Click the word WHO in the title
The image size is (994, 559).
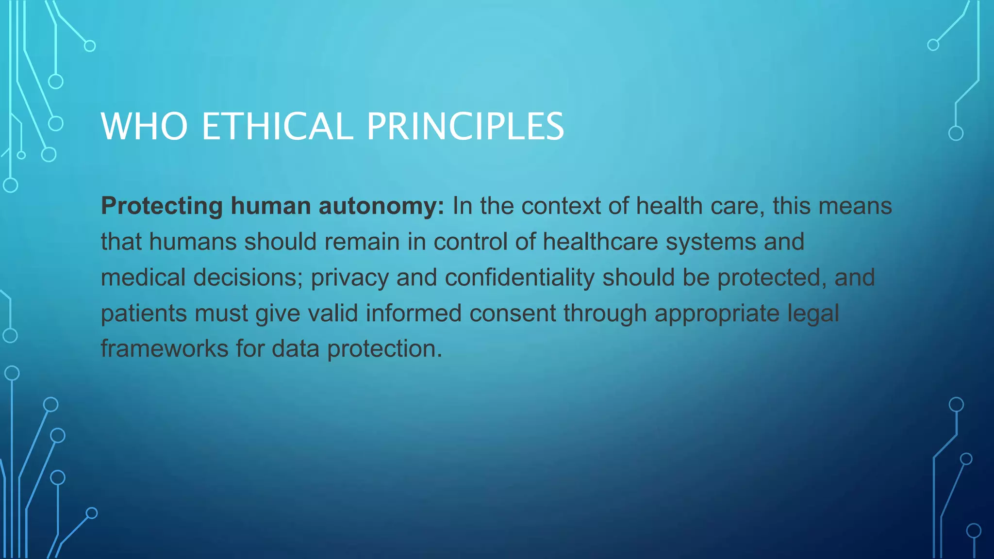144,127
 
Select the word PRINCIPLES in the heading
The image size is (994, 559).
465,127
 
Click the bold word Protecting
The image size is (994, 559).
162,207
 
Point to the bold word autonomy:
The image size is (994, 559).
381,207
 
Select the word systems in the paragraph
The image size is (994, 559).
711,242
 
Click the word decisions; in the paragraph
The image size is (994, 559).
248,278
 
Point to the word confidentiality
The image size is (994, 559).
519,278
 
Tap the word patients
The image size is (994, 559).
144,313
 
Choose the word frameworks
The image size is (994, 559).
165,349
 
